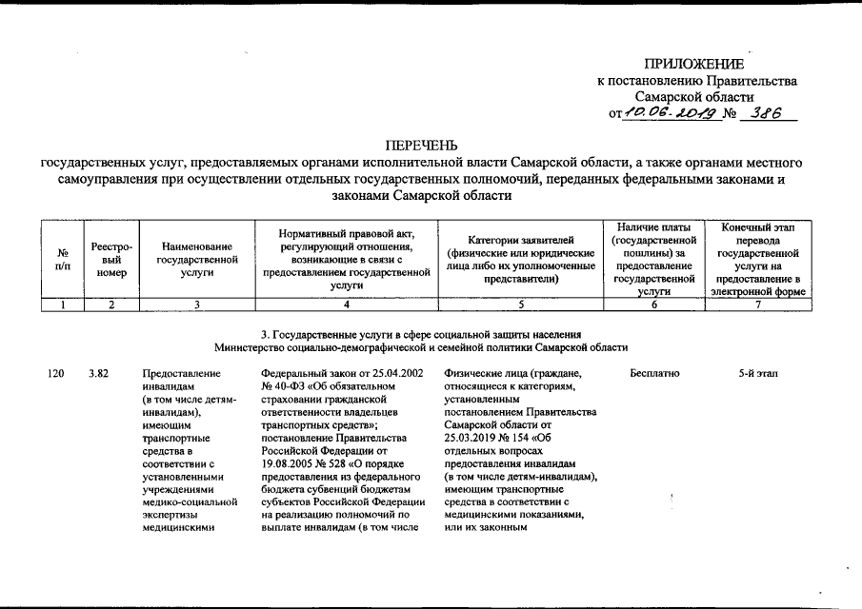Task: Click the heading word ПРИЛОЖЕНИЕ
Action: coord(694,64)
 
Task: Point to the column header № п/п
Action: coord(62,259)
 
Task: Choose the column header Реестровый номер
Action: coord(111,259)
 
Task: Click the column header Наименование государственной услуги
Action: coord(196,259)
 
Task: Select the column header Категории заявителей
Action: coord(520,259)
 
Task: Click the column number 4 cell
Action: coord(346,304)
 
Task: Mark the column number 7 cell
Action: coord(758,304)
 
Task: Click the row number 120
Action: coord(55,374)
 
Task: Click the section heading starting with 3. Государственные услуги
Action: coord(420,334)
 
